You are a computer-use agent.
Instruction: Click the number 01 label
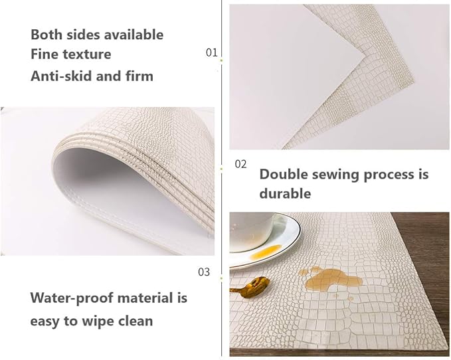click(211, 52)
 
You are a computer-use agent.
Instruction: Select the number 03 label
click(204, 272)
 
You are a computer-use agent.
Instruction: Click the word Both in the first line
click(46, 35)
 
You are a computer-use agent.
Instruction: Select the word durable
click(285, 194)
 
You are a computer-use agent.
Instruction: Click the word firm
click(139, 76)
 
